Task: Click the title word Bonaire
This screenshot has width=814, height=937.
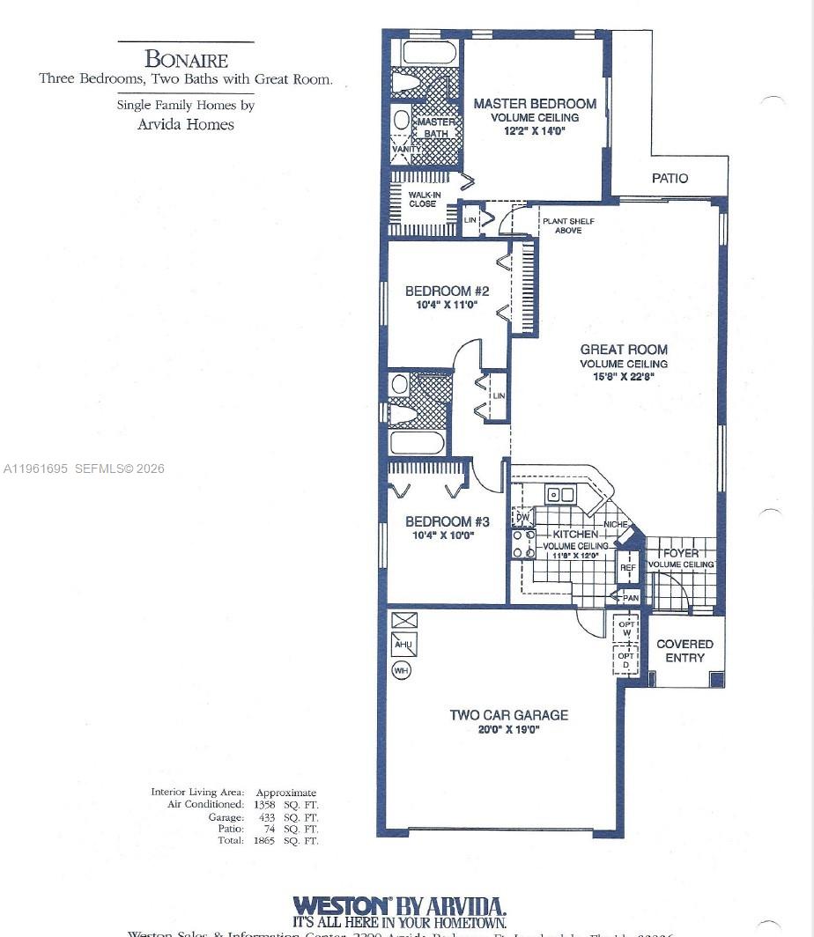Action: pyautogui.click(x=186, y=60)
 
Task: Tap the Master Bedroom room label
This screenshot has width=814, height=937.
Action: pyautogui.click(x=535, y=104)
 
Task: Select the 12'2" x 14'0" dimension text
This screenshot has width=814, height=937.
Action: pyautogui.click(x=534, y=131)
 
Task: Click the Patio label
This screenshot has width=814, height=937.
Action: pyautogui.click(x=670, y=178)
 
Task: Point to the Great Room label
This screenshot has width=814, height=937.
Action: pyautogui.click(x=624, y=350)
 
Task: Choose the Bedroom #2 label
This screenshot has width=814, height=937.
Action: pyautogui.click(x=447, y=291)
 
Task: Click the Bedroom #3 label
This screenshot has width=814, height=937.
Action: pyautogui.click(x=446, y=521)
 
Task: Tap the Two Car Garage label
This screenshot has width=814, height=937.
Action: pyautogui.click(x=508, y=715)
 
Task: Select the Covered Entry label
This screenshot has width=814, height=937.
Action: pyautogui.click(x=684, y=651)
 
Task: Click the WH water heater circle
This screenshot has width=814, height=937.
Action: pyautogui.click(x=402, y=670)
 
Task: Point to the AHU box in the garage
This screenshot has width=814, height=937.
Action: pyautogui.click(x=403, y=644)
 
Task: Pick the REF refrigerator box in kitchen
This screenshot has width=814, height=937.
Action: pyautogui.click(x=628, y=567)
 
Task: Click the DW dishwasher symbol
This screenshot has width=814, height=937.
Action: pyautogui.click(x=522, y=517)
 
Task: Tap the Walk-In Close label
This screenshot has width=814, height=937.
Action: pyautogui.click(x=424, y=199)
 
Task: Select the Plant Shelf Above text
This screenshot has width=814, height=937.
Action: pyautogui.click(x=562, y=225)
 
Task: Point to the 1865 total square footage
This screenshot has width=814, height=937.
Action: pyautogui.click(x=264, y=841)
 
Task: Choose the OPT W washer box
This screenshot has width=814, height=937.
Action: pyautogui.click(x=626, y=629)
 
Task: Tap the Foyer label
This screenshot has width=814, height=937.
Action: pyautogui.click(x=681, y=553)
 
